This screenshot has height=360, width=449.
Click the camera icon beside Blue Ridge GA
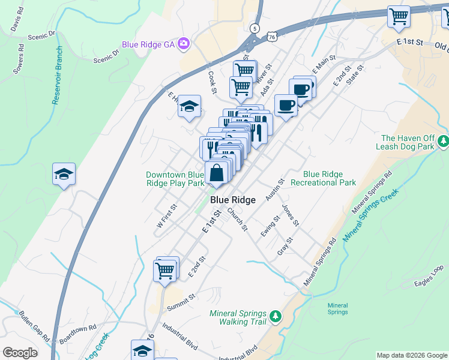click(184, 44)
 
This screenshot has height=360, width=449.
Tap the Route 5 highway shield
click(255, 28)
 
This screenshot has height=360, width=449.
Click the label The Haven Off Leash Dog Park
click(406, 142)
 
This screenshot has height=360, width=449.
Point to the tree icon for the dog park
click(443, 142)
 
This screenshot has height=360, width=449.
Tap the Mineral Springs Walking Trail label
click(238, 317)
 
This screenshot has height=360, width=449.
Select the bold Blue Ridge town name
click(233, 200)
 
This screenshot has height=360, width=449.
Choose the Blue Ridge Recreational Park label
click(323, 178)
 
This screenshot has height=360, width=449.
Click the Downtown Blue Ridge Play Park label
click(175, 179)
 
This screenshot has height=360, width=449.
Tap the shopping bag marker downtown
click(217, 174)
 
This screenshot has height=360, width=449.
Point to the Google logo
click(20, 353)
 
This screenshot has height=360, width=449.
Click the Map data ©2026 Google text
click(411, 355)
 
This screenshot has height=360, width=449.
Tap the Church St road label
click(237, 219)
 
